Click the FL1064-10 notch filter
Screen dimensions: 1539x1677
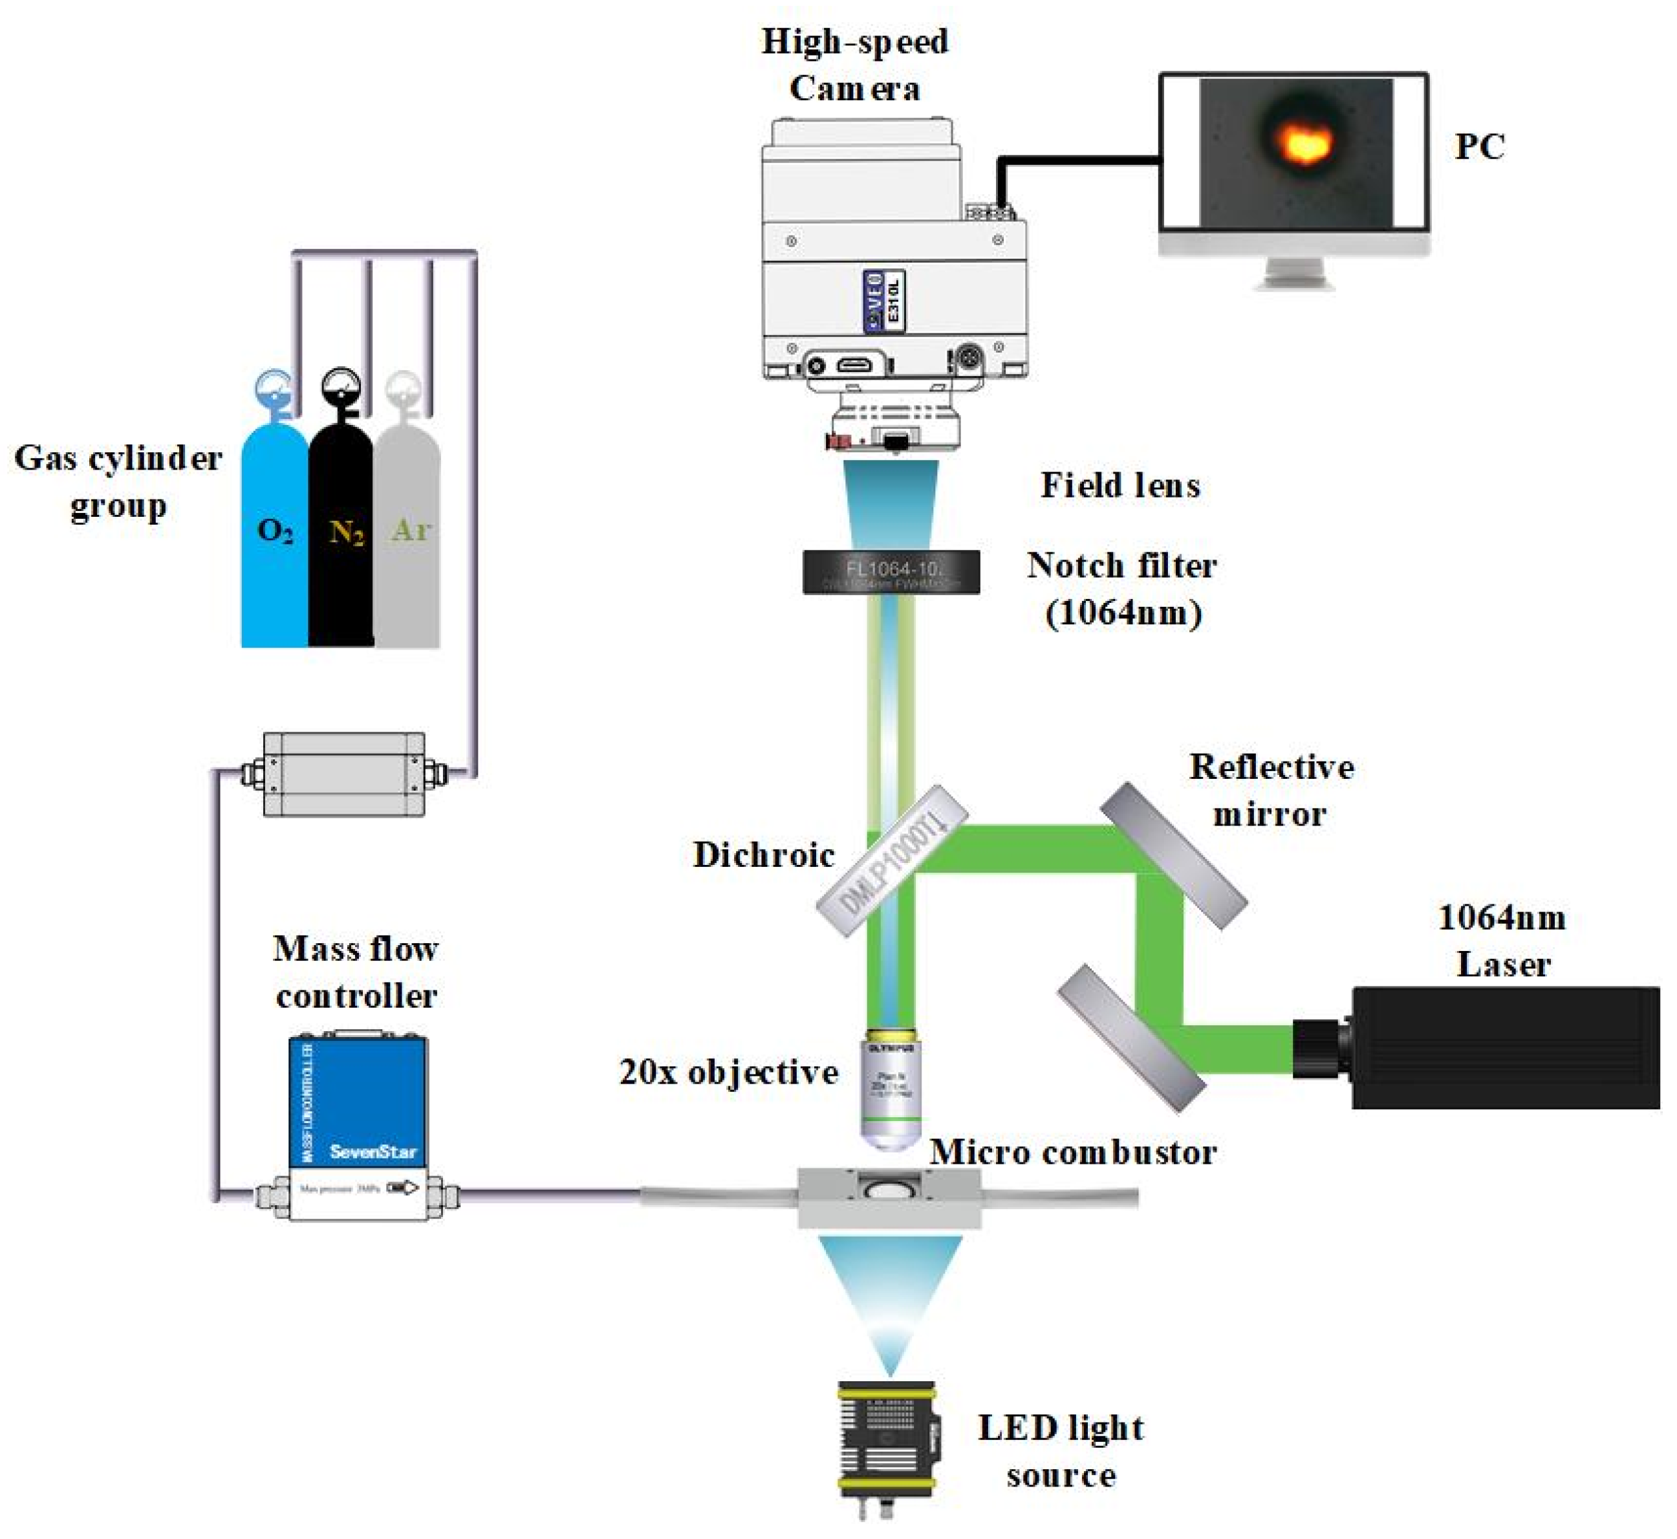891,572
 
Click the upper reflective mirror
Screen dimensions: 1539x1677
1173,855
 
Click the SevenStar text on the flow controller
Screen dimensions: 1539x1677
373,1152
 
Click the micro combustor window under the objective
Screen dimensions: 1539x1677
889,1186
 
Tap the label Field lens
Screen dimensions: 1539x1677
1120,486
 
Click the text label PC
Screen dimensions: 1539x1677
1480,147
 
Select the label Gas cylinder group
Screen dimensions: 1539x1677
118,481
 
